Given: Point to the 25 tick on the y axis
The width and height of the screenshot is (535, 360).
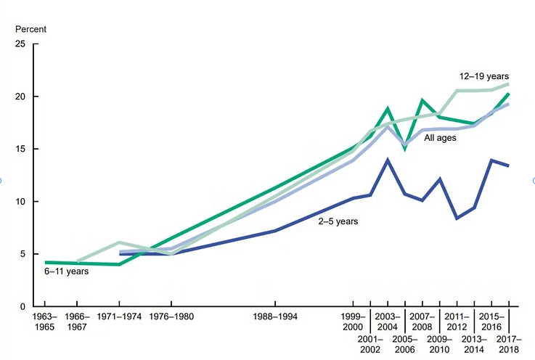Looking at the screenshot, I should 20,44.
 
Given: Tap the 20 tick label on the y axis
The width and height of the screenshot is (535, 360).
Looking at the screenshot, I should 20,97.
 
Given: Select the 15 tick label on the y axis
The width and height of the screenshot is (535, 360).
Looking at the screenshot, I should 20,149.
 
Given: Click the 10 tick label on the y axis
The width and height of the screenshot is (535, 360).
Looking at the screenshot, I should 20,202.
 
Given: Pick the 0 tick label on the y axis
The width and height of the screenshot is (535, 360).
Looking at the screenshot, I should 23,306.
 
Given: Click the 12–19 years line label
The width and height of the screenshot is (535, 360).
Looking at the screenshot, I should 484,75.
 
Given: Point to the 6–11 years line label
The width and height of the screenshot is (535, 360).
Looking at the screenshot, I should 66,271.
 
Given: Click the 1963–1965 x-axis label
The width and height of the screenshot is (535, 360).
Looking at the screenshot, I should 45,323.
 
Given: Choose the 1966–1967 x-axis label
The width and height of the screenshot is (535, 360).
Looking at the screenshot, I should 78,323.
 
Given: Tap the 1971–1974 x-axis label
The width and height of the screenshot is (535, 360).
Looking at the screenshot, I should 119,318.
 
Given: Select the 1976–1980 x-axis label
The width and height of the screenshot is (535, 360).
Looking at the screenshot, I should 171,318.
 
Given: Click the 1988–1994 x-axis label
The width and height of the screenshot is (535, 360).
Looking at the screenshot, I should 275,318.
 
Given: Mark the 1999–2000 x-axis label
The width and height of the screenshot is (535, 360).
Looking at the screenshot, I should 354,323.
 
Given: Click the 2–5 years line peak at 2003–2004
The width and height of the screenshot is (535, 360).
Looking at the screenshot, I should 388,160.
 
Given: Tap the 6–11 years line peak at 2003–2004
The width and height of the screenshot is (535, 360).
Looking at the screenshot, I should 388,109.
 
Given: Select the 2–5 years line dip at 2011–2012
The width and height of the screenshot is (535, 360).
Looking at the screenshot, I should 457,218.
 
